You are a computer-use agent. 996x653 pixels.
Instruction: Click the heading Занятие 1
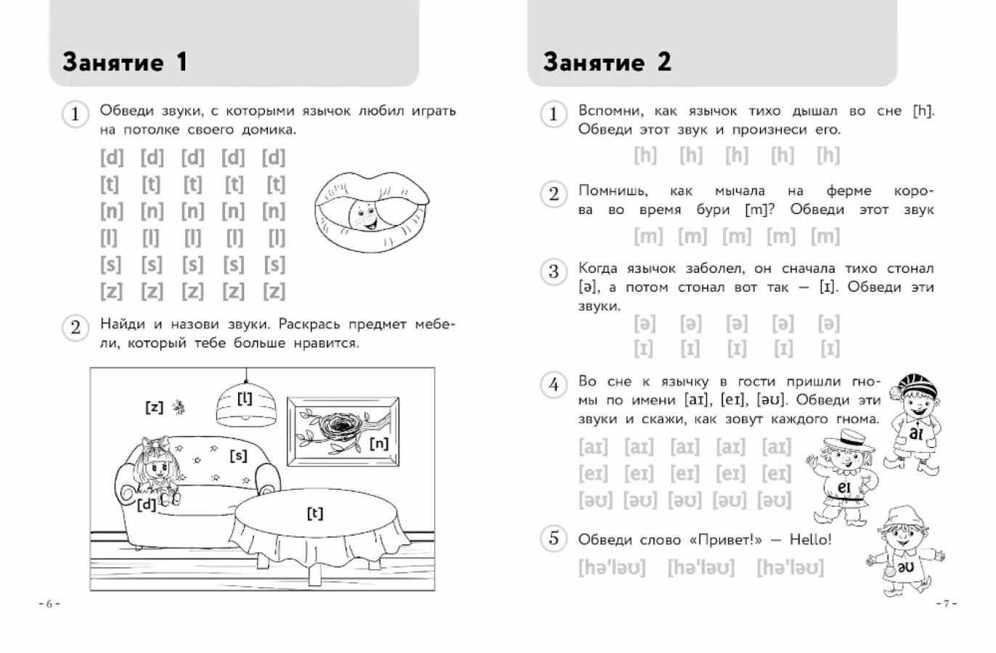[125, 62]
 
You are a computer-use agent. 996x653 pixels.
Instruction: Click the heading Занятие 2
[607, 62]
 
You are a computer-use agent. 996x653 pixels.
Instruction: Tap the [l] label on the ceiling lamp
[245, 398]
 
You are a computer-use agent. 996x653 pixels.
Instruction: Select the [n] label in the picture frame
[379, 443]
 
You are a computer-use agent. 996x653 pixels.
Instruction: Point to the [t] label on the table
[314, 514]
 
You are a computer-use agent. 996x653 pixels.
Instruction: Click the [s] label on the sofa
[238, 456]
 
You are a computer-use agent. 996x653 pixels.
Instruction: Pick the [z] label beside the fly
[154, 407]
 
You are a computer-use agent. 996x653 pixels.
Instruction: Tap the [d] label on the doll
[147, 504]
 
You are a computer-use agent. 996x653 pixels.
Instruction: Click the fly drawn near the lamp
[178, 408]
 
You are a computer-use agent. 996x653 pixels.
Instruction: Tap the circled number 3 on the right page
[553, 271]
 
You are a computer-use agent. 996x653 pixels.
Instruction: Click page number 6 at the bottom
[49, 604]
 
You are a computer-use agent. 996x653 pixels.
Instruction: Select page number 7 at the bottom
[946, 604]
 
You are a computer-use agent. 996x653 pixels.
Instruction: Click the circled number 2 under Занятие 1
[75, 327]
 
